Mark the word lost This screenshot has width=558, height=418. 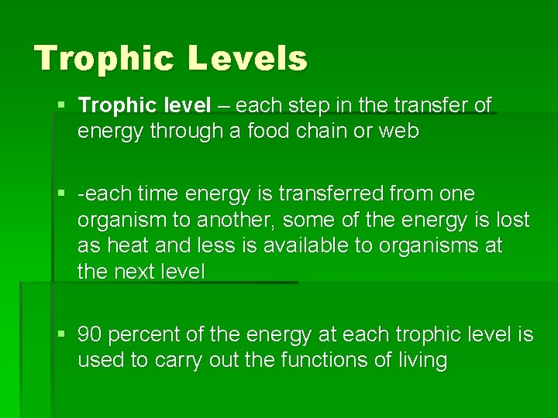pyautogui.click(x=515, y=220)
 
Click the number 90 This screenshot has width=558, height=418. pyautogui.click(x=91, y=334)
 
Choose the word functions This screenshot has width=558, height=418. pyautogui.click(x=319, y=361)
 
